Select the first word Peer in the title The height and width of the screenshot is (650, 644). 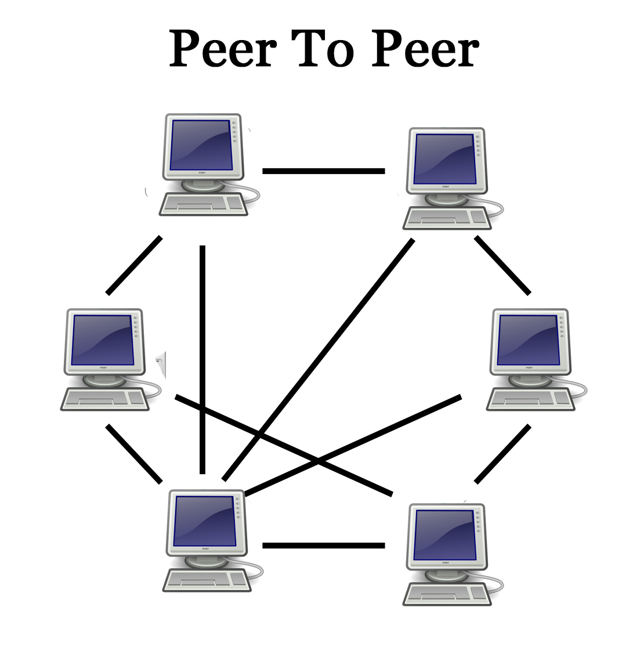pyautogui.click(x=223, y=49)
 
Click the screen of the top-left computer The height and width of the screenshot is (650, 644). pyautogui.click(x=201, y=145)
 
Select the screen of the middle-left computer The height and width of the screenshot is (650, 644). pyautogui.click(x=102, y=340)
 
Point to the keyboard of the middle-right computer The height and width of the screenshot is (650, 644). pyautogui.click(x=529, y=398)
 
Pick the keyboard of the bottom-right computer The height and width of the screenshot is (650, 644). pyautogui.click(x=446, y=593)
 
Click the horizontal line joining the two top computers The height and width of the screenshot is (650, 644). pyautogui.click(x=323, y=171)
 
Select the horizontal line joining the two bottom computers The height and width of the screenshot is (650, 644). pyautogui.click(x=323, y=546)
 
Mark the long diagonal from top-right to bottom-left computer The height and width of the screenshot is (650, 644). pyautogui.click(x=319, y=360)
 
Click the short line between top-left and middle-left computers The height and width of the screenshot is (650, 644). pyautogui.click(x=134, y=265)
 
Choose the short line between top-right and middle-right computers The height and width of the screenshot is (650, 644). pyautogui.click(x=502, y=265)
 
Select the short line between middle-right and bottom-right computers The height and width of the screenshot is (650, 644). pyautogui.click(x=502, y=454)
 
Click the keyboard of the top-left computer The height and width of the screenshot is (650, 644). pyautogui.click(x=204, y=204)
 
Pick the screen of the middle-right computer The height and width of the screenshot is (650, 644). pyautogui.click(x=529, y=340)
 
